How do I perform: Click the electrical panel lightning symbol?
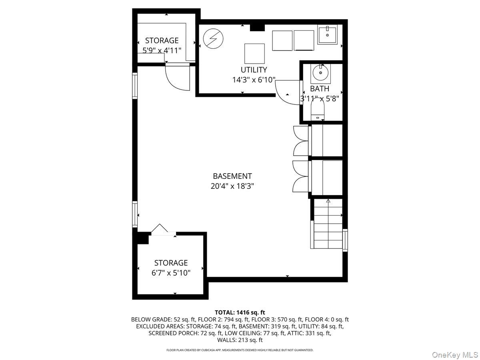click(x=213, y=39)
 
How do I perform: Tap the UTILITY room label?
click(x=254, y=70)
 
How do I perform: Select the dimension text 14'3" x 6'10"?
click(x=254, y=80)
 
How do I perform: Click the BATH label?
click(x=320, y=88)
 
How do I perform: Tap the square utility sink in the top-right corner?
click(x=328, y=35)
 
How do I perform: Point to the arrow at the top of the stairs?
click(x=328, y=201)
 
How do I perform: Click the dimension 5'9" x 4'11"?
click(x=162, y=50)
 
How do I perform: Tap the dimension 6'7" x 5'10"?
click(x=171, y=273)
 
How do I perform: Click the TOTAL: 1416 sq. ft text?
click(x=240, y=312)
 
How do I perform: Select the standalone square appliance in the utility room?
click(x=254, y=53)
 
